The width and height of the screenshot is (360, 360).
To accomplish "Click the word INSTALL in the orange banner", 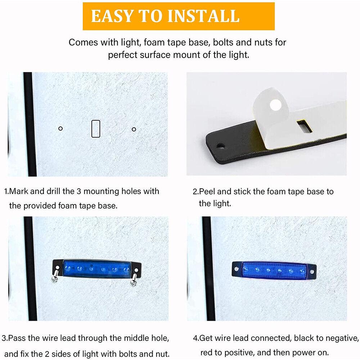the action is [x=203, y=16].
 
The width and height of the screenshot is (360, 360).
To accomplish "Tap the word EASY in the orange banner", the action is [x=112, y=16].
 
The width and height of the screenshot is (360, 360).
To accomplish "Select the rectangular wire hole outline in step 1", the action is [x=96, y=129].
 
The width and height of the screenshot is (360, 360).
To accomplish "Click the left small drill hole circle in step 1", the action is [x=60, y=129].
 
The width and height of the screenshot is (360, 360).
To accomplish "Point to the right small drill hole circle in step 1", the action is [x=134, y=130].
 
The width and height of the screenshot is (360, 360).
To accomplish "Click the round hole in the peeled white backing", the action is [x=275, y=105].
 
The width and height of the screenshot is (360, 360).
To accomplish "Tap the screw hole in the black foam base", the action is [x=221, y=146].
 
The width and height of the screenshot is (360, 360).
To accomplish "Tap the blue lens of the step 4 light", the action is [x=274, y=271].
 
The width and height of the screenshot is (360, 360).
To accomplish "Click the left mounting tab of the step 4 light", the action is [x=237, y=268].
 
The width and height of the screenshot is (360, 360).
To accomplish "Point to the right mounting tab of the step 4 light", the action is [x=312, y=271].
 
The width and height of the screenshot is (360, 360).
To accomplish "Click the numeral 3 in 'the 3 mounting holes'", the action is [x=79, y=191].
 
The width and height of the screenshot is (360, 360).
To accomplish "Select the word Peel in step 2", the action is [x=207, y=192].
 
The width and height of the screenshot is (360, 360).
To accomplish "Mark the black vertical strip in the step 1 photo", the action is [x=30, y=124].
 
